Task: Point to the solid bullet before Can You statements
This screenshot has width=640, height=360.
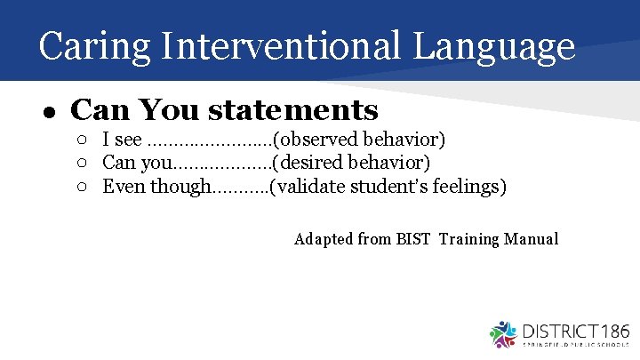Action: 51,112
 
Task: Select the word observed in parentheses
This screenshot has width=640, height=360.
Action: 317,140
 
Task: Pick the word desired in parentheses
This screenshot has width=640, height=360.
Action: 312,163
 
